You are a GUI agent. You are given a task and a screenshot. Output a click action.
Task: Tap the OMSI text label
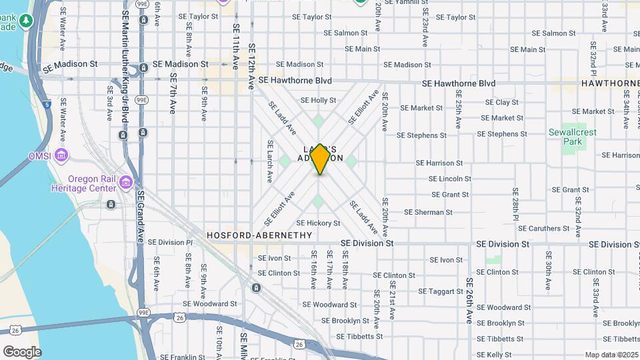[39, 155]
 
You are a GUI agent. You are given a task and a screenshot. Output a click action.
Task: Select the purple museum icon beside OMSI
[61, 156]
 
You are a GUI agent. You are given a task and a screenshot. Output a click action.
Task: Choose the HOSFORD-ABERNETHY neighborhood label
[259, 235]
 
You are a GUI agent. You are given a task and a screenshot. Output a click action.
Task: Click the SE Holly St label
[318, 101]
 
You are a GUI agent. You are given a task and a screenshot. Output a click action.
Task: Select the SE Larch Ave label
[270, 162]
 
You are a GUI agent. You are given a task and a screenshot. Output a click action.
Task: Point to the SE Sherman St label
[429, 212]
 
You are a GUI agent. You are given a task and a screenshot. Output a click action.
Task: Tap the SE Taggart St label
[441, 291]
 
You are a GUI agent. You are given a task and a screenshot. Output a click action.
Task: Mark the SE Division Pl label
[170, 243]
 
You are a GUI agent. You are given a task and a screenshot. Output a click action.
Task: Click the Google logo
[22, 351]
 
